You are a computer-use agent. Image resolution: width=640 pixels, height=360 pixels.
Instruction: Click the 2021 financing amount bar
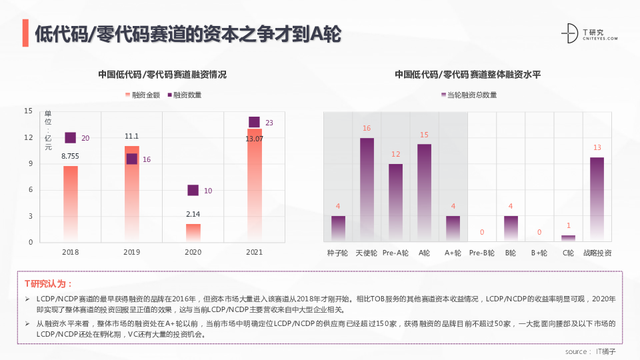(x=254, y=187)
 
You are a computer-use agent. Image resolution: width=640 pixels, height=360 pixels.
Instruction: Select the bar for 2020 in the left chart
(x=193, y=233)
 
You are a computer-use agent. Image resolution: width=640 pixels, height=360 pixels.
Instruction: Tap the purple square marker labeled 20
(x=71, y=138)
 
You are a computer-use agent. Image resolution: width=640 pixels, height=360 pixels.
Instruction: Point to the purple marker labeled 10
(x=193, y=191)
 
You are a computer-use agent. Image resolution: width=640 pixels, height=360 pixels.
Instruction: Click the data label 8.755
(x=71, y=156)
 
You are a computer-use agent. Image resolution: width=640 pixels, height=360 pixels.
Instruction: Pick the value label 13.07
(x=254, y=139)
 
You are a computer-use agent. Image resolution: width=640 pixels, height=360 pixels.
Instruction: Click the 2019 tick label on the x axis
(x=132, y=253)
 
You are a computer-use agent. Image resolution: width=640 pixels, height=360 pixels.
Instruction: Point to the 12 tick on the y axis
(x=28, y=138)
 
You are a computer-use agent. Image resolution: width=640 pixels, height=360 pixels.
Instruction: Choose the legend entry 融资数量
(x=183, y=95)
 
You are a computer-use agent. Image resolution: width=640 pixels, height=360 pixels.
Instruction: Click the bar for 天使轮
(x=367, y=189)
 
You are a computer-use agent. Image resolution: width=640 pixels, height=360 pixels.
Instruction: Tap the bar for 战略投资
(x=597, y=199)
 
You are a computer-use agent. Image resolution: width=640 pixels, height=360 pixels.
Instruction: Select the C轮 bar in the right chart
(x=568, y=238)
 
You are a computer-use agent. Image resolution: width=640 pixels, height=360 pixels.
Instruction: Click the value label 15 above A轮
(x=424, y=135)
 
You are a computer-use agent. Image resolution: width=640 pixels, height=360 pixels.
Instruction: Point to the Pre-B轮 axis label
(x=481, y=253)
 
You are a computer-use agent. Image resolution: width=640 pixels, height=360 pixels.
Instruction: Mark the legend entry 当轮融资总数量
(x=469, y=95)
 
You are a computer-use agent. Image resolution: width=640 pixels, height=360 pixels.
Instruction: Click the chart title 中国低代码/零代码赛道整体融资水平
(x=467, y=75)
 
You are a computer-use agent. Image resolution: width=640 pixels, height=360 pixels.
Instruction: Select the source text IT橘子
(x=605, y=351)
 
